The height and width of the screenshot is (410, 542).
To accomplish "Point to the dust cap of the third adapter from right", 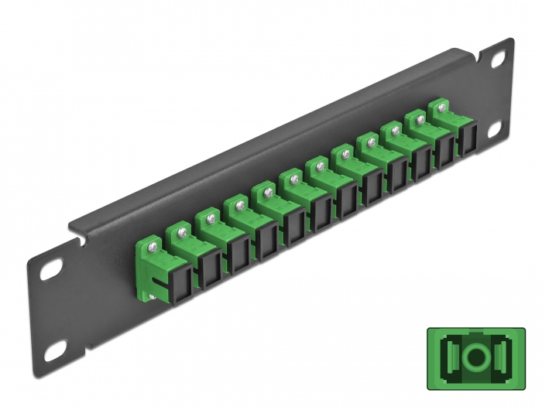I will (x=420, y=165).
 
